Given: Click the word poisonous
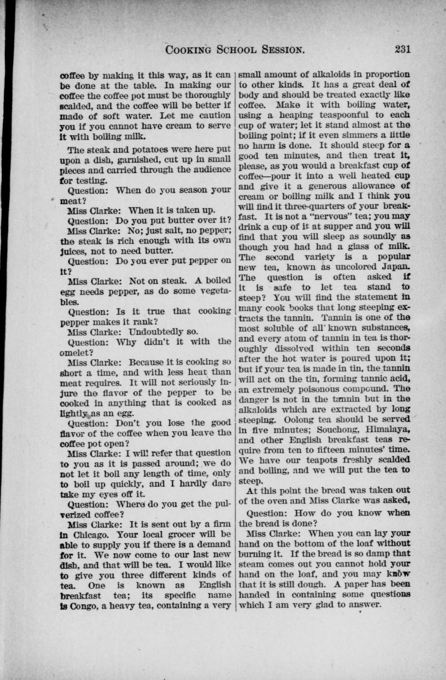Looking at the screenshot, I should [316, 389].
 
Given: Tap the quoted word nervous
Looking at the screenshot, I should [319, 216].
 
